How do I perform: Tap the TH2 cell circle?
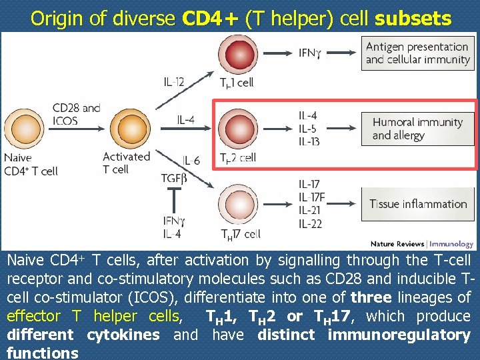tap(237, 128)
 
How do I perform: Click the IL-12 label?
tap(174, 82)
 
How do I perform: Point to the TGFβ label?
tap(174, 178)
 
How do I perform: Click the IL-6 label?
tap(191, 161)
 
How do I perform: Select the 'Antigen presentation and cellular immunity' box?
tap(417, 53)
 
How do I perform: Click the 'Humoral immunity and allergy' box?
tap(417, 128)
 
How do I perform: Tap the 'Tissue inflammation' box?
tap(417, 204)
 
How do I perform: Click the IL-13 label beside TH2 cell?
tap(309, 141)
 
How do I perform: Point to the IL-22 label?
tap(310, 223)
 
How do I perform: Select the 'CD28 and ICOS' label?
tap(77, 114)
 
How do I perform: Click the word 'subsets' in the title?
tap(413, 18)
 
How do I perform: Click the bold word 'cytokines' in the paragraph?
tap(122, 334)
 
